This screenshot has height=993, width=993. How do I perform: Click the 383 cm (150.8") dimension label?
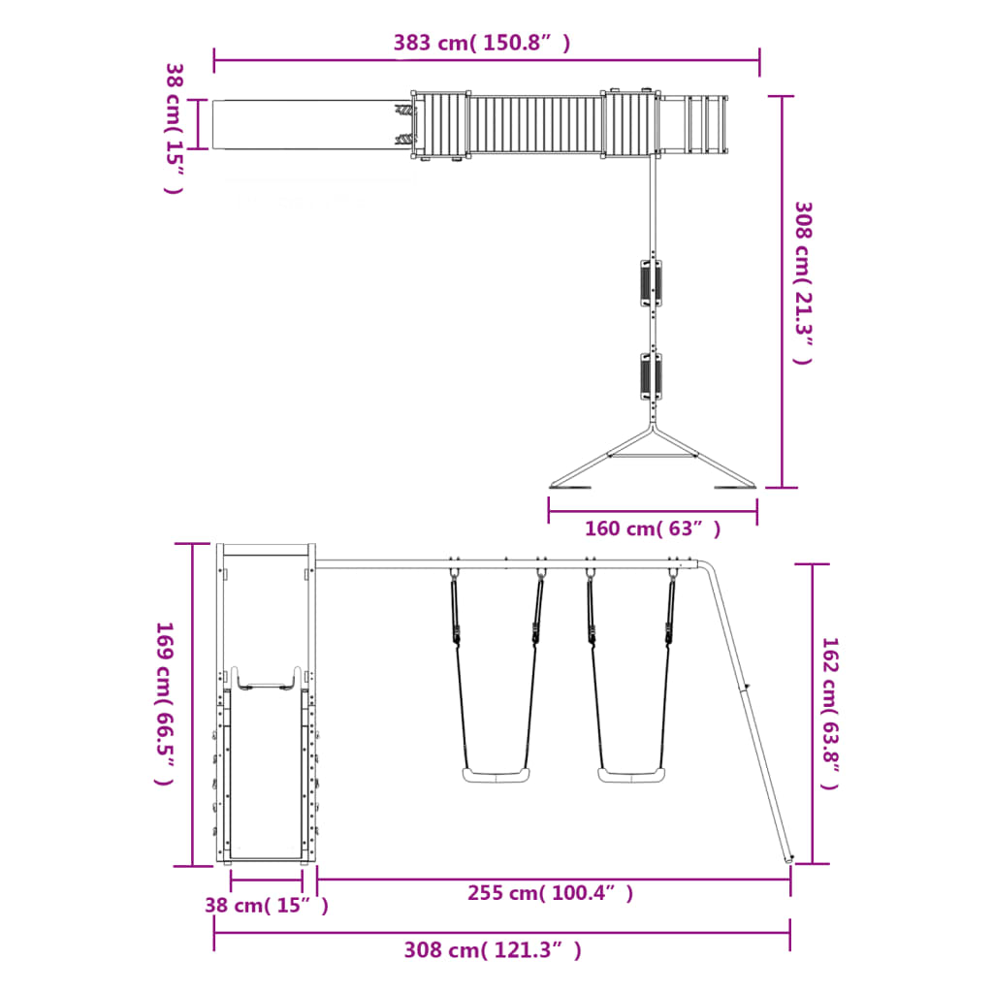[x=482, y=43]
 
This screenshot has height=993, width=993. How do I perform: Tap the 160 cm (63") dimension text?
[x=653, y=529]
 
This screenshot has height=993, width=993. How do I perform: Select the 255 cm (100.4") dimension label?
[x=551, y=893]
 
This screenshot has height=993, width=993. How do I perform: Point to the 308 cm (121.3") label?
[x=493, y=950]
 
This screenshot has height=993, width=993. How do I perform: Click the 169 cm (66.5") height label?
[x=165, y=703]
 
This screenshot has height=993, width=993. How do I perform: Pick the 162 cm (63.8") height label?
[x=830, y=714]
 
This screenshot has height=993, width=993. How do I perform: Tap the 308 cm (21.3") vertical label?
[x=803, y=283]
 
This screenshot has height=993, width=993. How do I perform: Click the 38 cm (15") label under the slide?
[x=266, y=905]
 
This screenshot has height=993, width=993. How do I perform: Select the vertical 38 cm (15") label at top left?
[x=175, y=129]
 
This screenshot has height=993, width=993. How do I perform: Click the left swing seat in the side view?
[x=496, y=775]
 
